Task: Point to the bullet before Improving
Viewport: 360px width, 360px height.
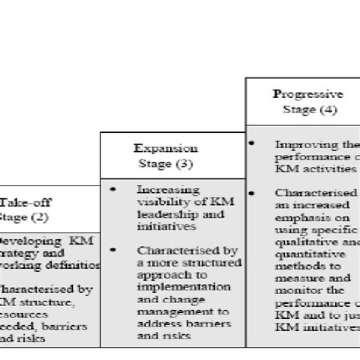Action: (251, 143)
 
